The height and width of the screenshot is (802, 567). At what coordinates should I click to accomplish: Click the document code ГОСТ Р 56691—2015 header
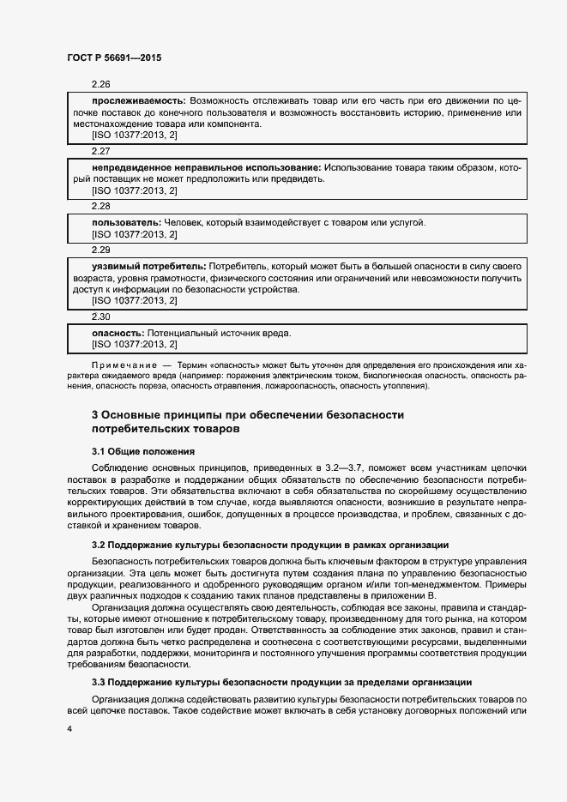(113, 57)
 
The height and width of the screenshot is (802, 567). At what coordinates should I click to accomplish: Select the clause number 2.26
(101, 85)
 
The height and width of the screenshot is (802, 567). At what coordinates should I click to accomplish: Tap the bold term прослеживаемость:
(138, 100)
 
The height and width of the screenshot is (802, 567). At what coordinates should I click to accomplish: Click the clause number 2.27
(101, 151)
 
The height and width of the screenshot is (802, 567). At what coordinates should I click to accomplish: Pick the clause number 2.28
(101, 206)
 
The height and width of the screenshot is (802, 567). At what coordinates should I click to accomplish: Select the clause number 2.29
(101, 250)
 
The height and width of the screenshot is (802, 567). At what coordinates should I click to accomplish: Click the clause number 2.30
(101, 317)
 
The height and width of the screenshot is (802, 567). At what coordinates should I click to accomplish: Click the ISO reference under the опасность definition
(134, 344)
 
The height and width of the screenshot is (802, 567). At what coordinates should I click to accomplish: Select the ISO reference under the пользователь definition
(134, 233)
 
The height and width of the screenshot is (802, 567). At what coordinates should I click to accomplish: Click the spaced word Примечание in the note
(119, 366)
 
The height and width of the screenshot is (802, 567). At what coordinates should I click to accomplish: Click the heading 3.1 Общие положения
(143, 451)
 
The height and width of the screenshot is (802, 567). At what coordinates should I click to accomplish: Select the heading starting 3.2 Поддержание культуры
(270, 545)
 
